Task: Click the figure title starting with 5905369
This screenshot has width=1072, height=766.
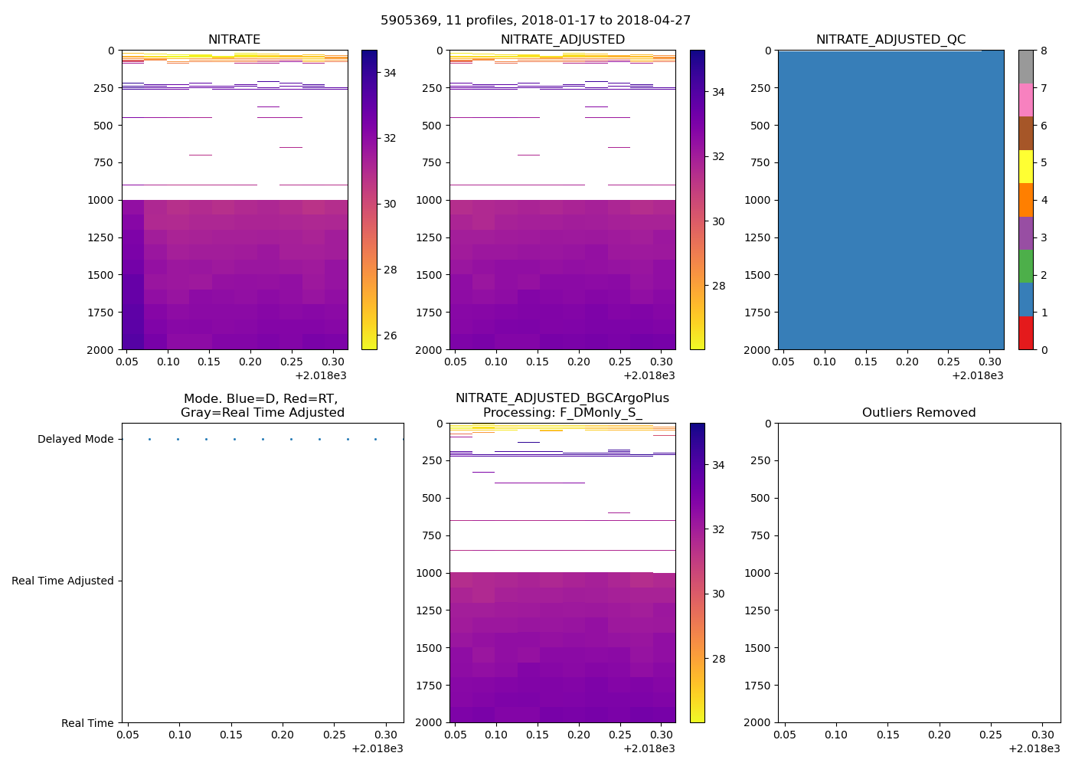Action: pyautogui.click(x=535, y=21)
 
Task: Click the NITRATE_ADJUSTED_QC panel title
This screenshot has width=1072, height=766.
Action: pyautogui.click(x=891, y=40)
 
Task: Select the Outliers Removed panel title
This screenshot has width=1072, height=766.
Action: pyautogui.click(x=919, y=413)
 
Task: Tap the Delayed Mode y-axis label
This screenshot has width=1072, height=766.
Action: pyautogui.click(x=75, y=439)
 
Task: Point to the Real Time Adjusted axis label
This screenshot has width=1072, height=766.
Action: pyautogui.click(x=62, y=581)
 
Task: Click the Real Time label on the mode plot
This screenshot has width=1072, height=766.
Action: pyautogui.click(x=87, y=723)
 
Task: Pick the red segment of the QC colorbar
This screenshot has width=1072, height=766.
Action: pyautogui.click(x=1026, y=333)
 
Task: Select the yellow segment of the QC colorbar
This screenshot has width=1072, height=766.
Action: pyautogui.click(x=1026, y=167)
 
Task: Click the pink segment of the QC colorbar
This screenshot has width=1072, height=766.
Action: pyautogui.click(x=1026, y=100)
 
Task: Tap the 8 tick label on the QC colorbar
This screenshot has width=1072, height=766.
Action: pyautogui.click(x=1044, y=51)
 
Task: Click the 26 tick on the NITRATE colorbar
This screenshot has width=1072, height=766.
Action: pyautogui.click(x=390, y=336)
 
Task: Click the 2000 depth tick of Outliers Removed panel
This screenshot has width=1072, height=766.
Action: pyautogui.click(x=758, y=722)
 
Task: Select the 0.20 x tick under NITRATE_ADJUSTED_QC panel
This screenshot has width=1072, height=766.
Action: pyautogui.click(x=907, y=362)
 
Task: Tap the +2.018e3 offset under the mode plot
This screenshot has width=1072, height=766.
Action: pyautogui.click(x=377, y=748)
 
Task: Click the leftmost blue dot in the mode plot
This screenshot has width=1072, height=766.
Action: pyautogui.click(x=149, y=439)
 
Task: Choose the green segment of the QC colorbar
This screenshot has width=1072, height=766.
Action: pyautogui.click(x=1026, y=267)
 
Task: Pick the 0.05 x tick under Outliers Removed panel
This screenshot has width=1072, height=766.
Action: pyautogui.click(x=785, y=735)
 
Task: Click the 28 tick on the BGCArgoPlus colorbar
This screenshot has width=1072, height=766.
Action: pyautogui.click(x=718, y=659)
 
